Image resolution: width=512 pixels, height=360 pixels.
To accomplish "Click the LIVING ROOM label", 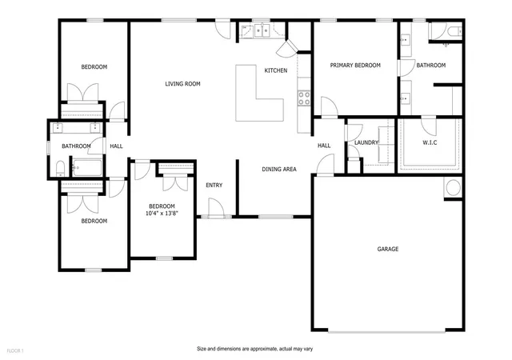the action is coord(182,84).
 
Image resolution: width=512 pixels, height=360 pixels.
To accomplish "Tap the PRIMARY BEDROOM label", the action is coord(355,66).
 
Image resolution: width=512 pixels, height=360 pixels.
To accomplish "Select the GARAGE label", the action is coord(388,249).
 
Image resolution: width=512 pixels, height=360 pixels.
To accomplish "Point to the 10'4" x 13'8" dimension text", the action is coord(162,214).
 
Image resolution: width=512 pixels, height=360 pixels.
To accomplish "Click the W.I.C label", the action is coord(430,142).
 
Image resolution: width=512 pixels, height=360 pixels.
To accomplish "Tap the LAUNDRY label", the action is coord(366,142).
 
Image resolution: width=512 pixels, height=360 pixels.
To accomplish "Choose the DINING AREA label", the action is coord(279,170).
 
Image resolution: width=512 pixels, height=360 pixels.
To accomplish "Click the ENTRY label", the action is coord(214,186).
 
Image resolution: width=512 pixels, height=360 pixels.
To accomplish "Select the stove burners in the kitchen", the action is coord(304,98).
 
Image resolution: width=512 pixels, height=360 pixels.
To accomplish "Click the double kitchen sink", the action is coord(262,30).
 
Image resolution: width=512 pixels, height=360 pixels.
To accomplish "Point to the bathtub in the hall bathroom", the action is coord(87,168).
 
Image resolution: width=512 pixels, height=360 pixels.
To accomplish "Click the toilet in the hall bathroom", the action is coord(61,169).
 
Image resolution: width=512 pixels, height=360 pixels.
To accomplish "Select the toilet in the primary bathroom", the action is coord(454,32).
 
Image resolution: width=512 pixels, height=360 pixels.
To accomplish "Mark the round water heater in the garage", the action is coord(454,188).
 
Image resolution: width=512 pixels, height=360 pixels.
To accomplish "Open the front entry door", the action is coord(216,208).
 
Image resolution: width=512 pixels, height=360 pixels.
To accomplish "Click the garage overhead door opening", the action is coord(386,331).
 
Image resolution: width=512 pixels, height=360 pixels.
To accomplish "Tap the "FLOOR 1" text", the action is coord(15,351).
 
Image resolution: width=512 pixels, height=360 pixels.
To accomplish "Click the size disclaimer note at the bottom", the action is coord(254,349).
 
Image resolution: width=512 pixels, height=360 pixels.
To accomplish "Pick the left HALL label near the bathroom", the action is coord(116,146).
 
